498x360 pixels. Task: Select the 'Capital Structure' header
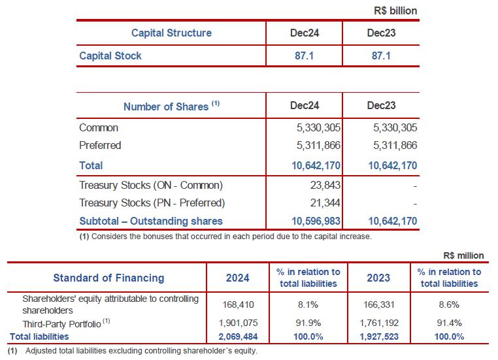(171, 33)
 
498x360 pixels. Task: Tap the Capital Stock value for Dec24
(304, 56)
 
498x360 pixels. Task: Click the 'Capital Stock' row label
(110, 56)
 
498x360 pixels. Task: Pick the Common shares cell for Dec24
(319, 128)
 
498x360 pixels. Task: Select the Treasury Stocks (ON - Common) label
(151, 185)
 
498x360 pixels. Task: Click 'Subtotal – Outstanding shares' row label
(151, 221)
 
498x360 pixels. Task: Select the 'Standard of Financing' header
(108, 278)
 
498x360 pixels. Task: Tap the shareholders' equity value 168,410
(238, 304)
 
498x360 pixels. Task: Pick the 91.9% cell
(307, 322)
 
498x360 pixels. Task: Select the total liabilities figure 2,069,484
(238, 336)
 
